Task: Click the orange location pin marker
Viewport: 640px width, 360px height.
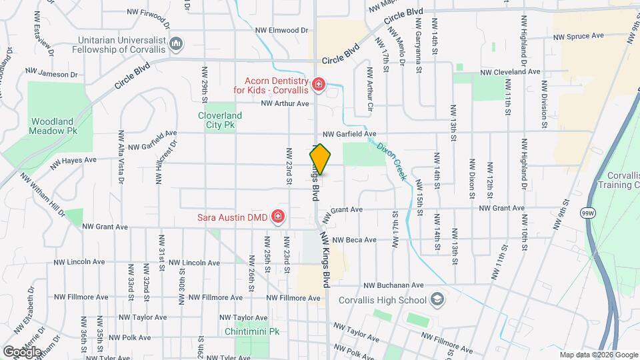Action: click(x=320, y=160)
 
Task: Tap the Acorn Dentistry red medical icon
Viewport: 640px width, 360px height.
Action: click(x=319, y=84)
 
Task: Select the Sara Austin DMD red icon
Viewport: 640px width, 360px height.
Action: click(x=277, y=217)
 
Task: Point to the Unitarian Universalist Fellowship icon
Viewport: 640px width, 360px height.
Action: click(x=176, y=44)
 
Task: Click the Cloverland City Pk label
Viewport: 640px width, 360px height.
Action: click(x=220, y=119)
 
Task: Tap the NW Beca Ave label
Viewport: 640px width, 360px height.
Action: click(x=355, y=239)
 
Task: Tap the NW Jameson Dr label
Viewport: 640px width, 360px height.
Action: click(x=47, y=73)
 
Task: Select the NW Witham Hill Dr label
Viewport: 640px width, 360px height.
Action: click(x=42, y=195)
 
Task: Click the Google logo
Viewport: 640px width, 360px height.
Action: click(x=22, y=351)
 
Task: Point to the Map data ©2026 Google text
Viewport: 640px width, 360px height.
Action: click(x=598, y=355)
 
